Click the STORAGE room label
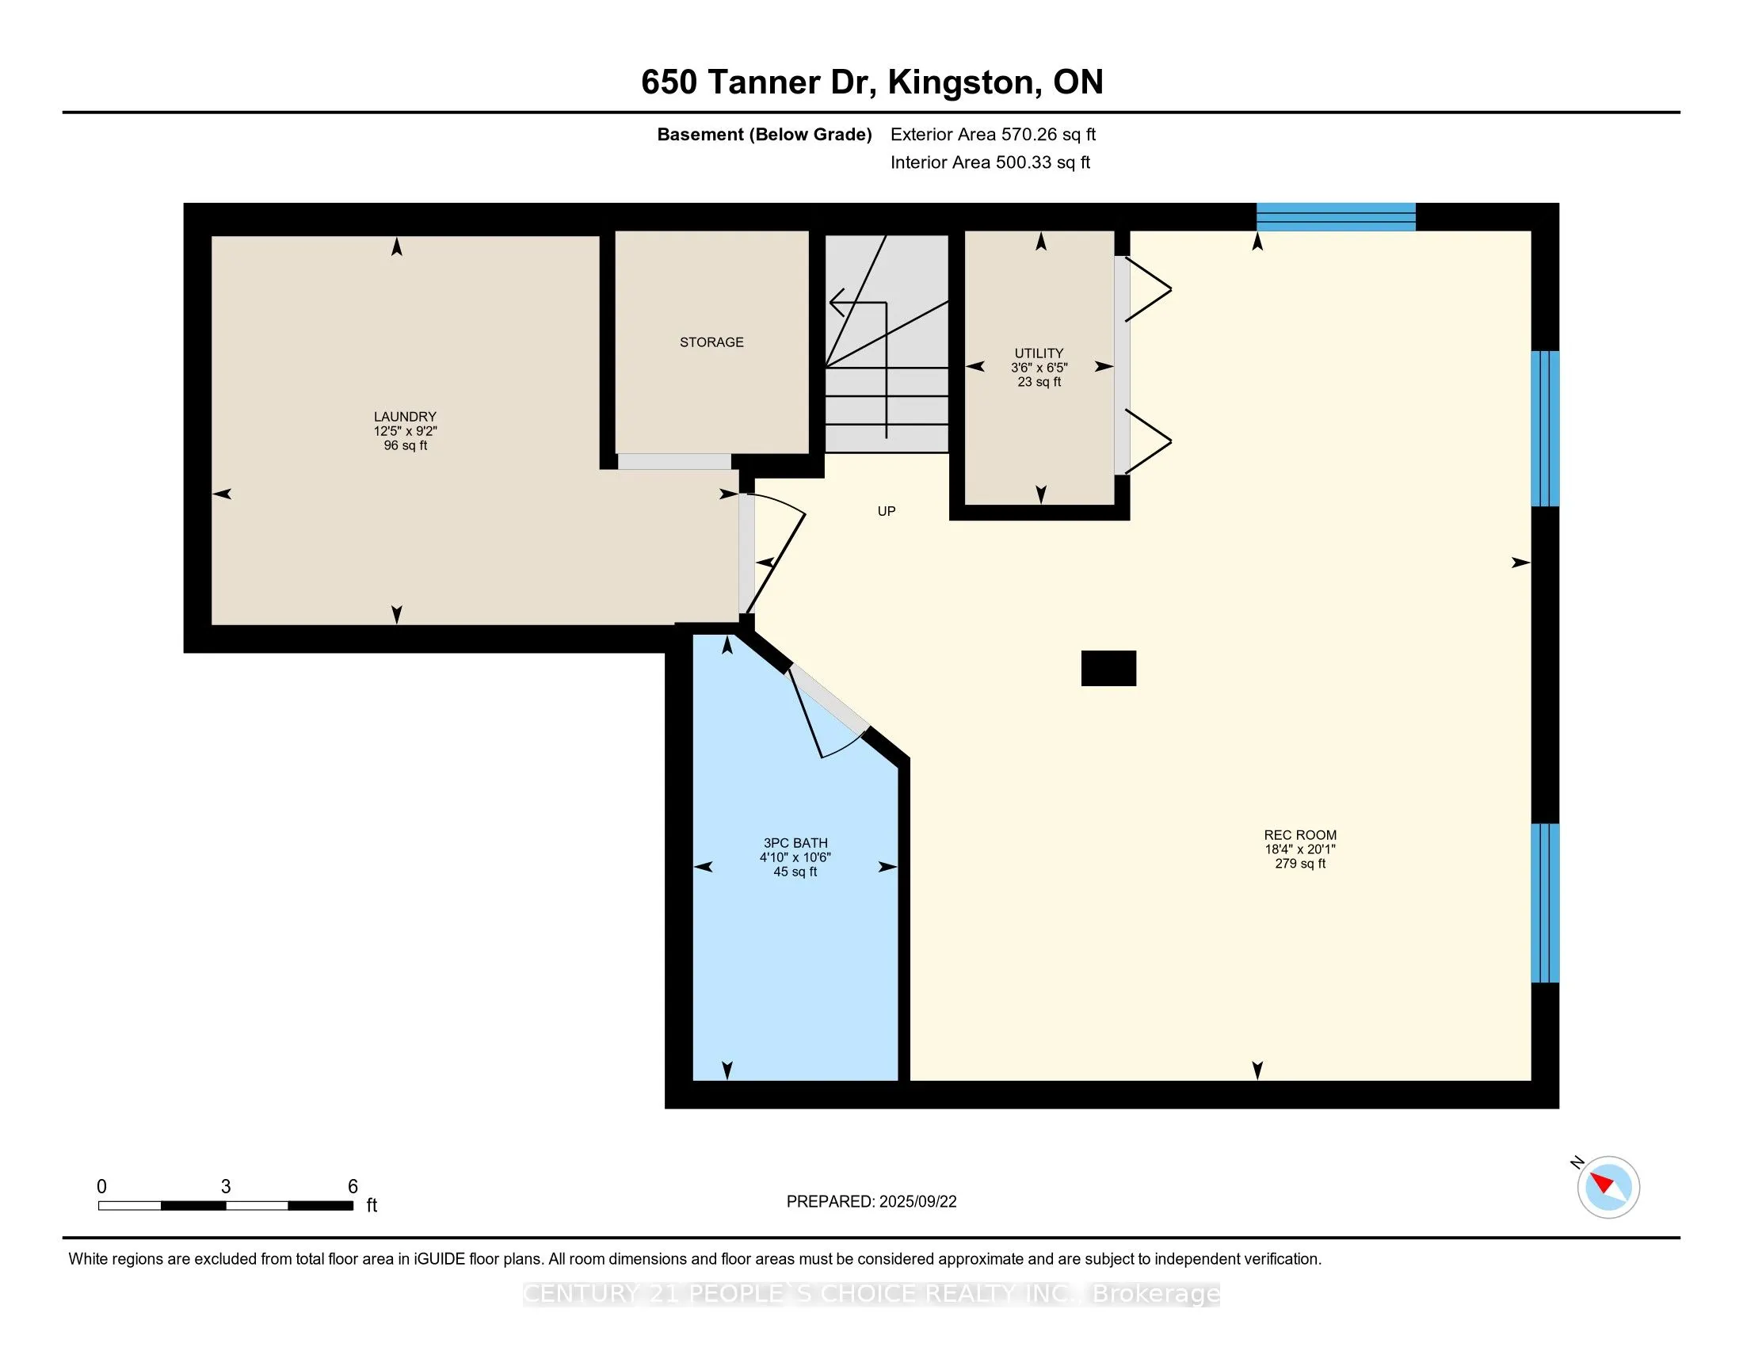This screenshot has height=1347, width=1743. pos(711,342)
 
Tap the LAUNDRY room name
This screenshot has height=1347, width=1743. pos(405,417)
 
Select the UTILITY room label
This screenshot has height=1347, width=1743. pos(1039,353)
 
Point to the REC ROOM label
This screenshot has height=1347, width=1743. pos(1300,835)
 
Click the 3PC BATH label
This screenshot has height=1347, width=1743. pos(795,843)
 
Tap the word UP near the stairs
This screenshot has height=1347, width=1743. pos(886,512)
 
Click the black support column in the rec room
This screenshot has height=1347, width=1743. pos(1108,668)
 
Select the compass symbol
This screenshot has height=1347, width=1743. pos(1608,1188)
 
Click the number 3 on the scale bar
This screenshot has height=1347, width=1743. pos(226,1187)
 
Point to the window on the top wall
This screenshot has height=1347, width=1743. pos(1336,217)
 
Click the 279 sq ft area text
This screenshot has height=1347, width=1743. pos(1300,864)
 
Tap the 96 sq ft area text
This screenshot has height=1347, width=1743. pos(406,445)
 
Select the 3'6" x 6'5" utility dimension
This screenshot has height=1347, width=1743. pos(1039,368)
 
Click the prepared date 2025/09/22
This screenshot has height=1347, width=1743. pos(917,1202)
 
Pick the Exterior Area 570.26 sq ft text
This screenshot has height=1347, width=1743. pos(993,135)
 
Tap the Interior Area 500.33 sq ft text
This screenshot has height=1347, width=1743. pos(990,162)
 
